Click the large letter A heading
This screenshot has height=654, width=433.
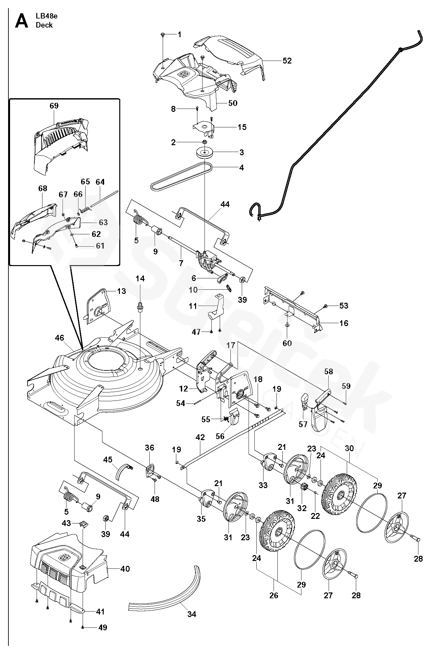(x=22, y=21)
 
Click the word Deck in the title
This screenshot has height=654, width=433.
(x=44, y=25)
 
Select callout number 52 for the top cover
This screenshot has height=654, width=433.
(x=287, y=61)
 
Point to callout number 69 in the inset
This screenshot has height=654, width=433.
(x=54, y=106)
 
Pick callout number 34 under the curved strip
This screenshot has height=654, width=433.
(x=192, y=614)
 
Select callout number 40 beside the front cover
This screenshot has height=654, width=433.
(x=125, y=569)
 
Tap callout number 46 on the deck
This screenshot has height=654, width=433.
(x=59, y=338)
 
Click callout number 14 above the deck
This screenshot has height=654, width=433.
(x=140, y=279)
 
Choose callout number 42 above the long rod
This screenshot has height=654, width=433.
(x=200, y=437)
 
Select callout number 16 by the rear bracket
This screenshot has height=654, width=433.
(x=344, y=323)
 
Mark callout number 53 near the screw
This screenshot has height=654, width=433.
(x=344, y=306)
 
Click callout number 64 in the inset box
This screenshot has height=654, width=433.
(x=100, y=182)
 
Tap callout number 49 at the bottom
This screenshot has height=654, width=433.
(x=102, y=628)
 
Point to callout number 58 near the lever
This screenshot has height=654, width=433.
(x=328, y=371)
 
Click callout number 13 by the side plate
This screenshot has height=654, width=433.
(x=121, y=291)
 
